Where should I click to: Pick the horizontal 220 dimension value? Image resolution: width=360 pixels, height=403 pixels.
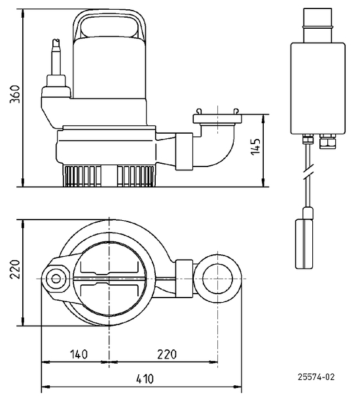click(167, 355)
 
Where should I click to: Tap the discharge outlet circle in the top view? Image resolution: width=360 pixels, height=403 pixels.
click(217, 278)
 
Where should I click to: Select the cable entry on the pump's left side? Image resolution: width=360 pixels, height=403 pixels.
click(55, 62)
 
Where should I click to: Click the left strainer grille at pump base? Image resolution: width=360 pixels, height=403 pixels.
click(82, 176)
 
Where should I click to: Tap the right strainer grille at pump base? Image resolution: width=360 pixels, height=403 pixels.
click(135, 176)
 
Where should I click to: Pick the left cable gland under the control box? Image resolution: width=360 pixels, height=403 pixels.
click(306, 140)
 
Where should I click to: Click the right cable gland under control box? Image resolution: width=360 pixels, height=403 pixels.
click(327, 140)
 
